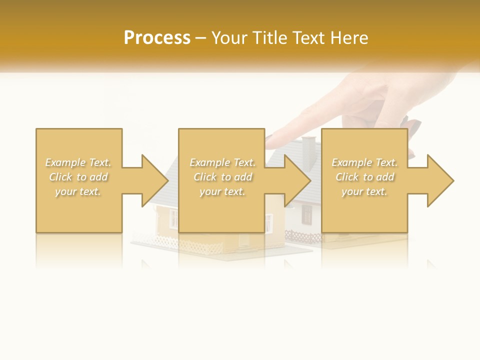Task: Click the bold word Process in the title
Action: click(157, 38)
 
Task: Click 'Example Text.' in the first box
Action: click(78, 162)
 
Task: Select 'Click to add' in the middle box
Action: click(222, 177)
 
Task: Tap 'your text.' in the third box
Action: click(364, 191)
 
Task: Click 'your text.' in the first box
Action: click(78, 191)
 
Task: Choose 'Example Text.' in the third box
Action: click(364, 162)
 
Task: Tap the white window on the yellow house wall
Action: click(173, 218)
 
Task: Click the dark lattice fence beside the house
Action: click(303, 236)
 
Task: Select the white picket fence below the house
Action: click(200, 245)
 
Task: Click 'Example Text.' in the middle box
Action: click(222, 162)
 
